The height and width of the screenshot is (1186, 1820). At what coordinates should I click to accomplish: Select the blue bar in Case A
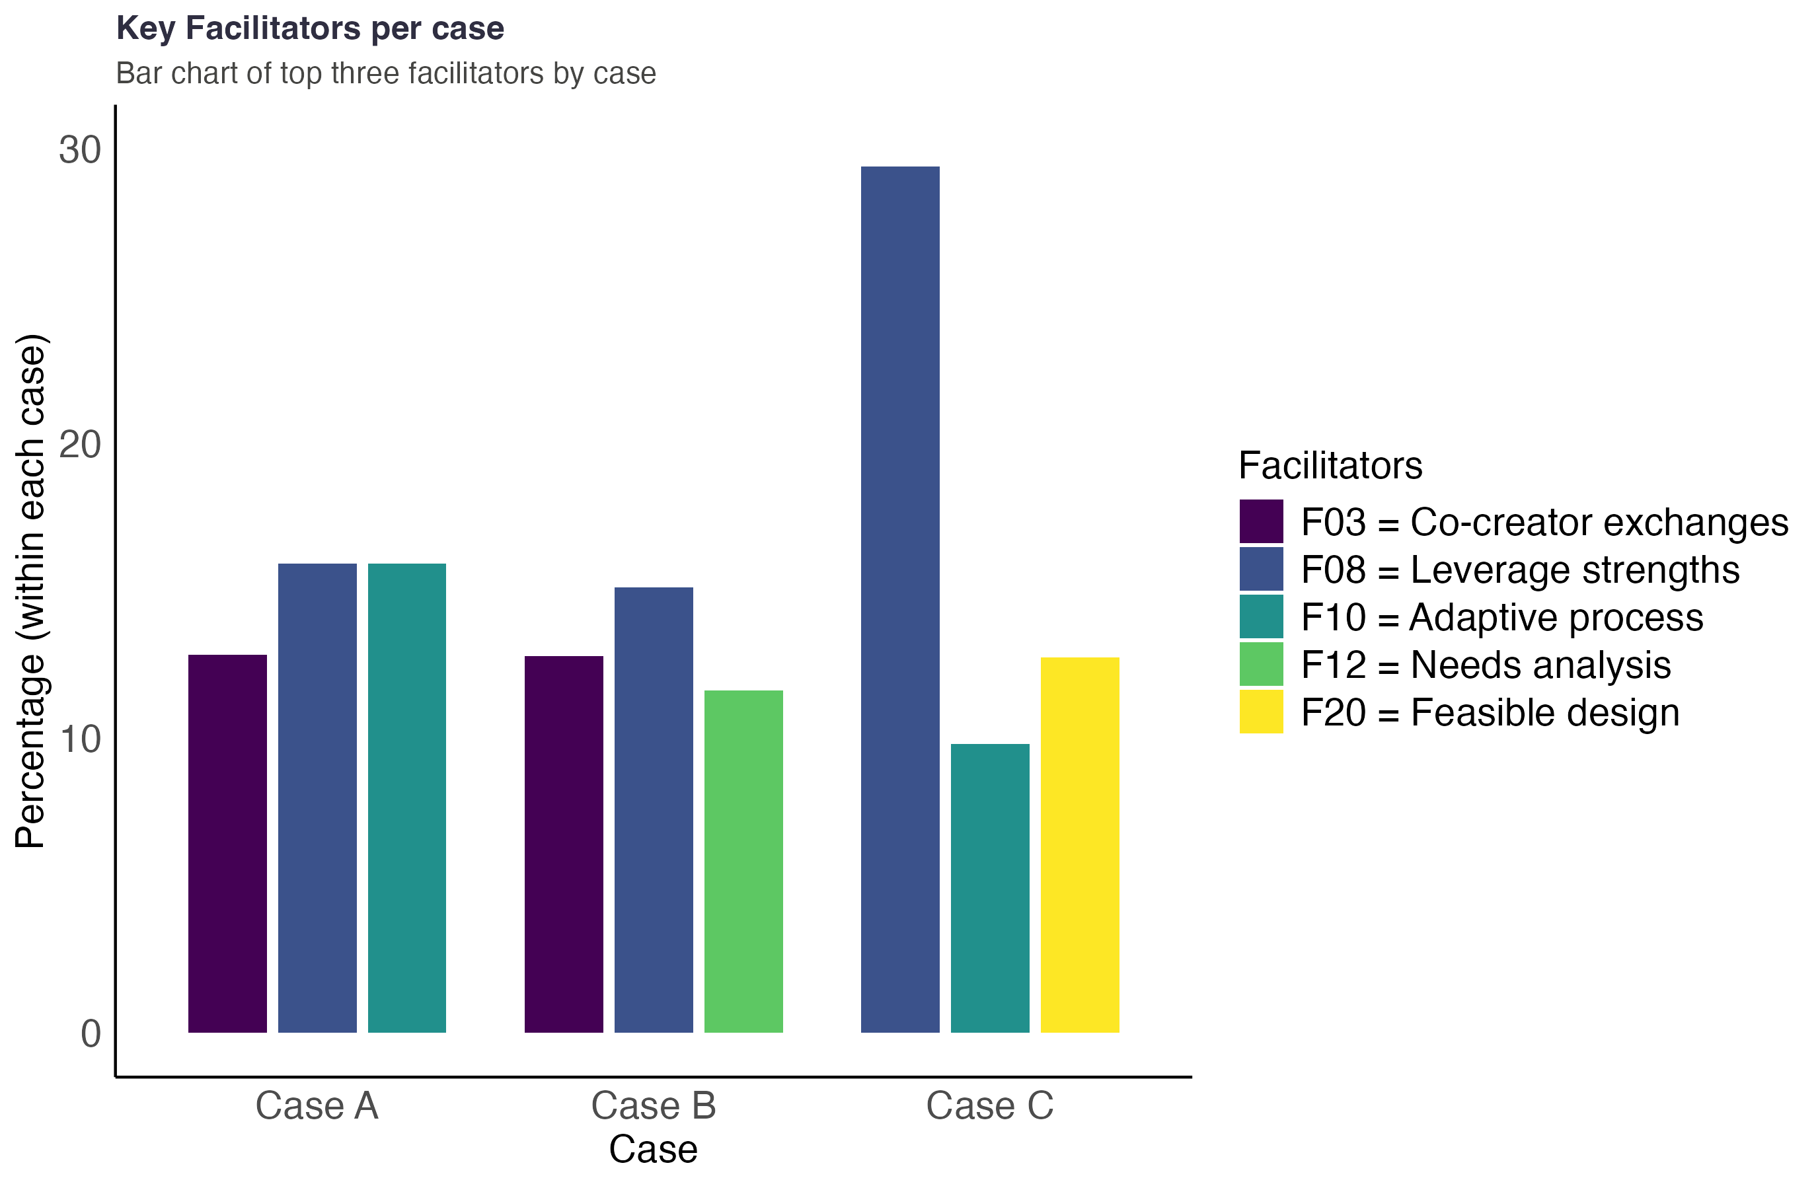click(317, 797)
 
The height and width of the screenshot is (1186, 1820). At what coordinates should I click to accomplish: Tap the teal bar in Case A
click(407, 797)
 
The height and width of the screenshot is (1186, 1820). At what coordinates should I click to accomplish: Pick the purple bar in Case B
click(564, 844)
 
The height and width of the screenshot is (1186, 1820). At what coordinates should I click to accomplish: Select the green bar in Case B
click(743, 861)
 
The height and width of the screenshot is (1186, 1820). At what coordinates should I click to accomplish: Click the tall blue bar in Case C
click(900, 599)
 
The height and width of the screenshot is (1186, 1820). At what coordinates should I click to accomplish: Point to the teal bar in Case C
click(989, 888)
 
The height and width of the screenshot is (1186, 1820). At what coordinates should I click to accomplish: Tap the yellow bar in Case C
click(1080, 844)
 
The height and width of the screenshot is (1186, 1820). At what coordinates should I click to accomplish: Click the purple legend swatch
click(1261, 521)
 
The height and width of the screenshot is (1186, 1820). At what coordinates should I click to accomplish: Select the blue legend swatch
click(1261, 568)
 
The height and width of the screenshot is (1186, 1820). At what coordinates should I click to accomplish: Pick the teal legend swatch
click(1261, 616)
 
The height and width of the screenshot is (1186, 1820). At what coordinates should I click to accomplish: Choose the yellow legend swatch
click(1261, 710)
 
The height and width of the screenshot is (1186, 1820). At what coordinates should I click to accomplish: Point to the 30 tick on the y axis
click(79, 150)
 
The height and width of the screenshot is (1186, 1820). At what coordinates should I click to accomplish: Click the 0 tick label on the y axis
click(91, 1033)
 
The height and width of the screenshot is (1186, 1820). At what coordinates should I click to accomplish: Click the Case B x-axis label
click(653, 1105)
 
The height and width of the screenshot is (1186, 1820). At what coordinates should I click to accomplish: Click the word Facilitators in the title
click(272, 28)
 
